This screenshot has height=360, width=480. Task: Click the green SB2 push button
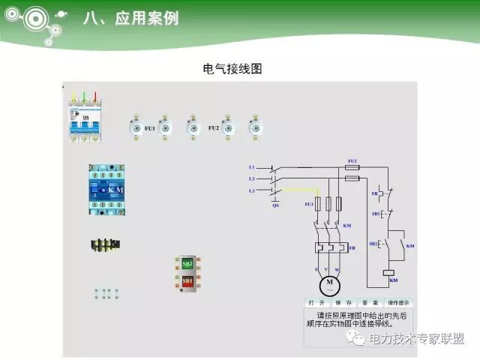point(187,264)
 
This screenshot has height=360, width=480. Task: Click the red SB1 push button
point(187,280)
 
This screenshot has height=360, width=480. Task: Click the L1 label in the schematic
point(251,166)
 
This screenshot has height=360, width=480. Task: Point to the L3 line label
point(251,191)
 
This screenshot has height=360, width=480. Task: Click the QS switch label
point(275,205)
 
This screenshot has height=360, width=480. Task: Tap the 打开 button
point(316,303)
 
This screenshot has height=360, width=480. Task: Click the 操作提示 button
point(398,303)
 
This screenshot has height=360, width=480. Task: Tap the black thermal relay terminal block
point(106,244)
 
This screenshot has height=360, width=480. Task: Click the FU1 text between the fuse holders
point(150,128)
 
